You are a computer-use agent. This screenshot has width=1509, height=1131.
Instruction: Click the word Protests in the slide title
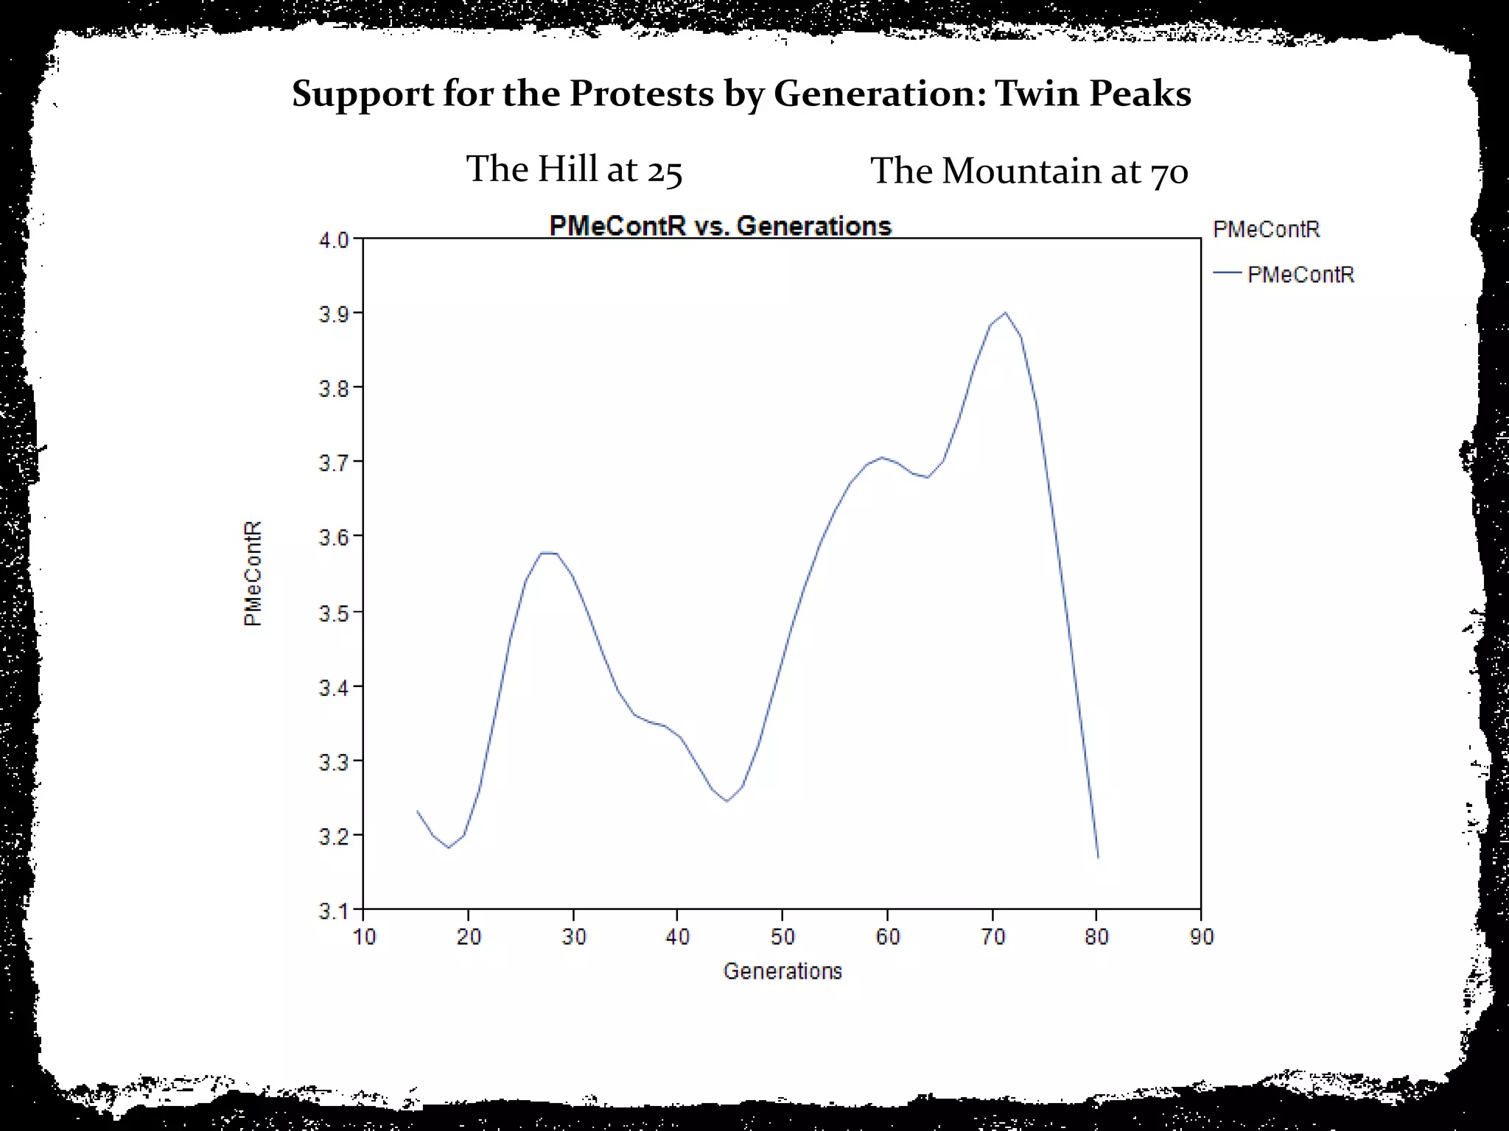click(x=641, y=94)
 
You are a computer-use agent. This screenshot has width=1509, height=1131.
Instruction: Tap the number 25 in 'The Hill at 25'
click(x=665, y=171)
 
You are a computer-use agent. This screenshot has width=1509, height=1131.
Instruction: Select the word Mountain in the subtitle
click(x=1021, y=171)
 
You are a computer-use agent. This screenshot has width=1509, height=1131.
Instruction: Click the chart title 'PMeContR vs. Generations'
click(x=720, y=225)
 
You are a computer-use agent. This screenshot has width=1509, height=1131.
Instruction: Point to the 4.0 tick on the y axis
click(x=334, y=240)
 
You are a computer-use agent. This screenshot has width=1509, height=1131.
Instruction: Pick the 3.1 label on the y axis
click(x=334, y=911)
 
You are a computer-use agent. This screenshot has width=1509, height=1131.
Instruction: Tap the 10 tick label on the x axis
click(x=364, y=937)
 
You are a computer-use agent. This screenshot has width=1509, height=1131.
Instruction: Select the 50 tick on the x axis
click(x=782, y=937)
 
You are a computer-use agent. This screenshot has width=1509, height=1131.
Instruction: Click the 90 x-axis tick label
click(x=1201, y=937)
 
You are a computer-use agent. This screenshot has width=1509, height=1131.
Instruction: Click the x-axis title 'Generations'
click(x=782, y=971)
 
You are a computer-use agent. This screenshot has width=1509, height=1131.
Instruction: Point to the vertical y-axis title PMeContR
click(x=253, y=574)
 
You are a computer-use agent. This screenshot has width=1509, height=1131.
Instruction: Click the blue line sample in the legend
click(x=1228, y=273)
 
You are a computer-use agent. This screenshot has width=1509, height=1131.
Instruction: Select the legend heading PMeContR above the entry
click(x=1266, y=229)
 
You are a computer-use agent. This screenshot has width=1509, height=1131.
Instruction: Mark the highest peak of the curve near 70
click(x=1005, y=312)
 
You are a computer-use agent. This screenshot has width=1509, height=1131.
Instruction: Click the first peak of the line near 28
click(x=548, y=552)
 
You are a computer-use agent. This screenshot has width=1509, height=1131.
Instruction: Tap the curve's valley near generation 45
click(x=727, y=800)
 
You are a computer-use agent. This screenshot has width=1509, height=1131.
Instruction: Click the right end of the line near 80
click(x=1098, y=857)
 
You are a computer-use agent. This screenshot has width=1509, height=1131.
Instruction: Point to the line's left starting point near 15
click(x=417, y=811)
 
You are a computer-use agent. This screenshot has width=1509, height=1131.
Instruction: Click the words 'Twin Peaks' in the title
click(x=1093, y=94)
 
